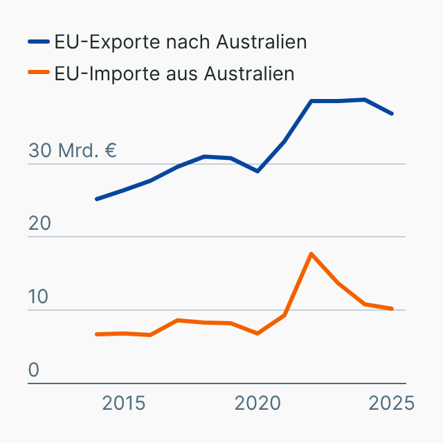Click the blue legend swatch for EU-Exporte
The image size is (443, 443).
[x=39, y=42]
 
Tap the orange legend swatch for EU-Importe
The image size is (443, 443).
[x=39, y=73]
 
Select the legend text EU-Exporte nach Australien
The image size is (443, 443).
[x=180, y=42]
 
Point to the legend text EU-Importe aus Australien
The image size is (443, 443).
[x=174, y=73]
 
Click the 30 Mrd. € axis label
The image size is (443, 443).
[x=73, y=151]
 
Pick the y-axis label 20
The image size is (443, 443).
[x=39, y=224]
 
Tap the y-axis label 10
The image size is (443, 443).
[x=39, y=297]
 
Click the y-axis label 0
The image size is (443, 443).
[x=34, y=370]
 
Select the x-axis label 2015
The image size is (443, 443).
[x=124, y=403]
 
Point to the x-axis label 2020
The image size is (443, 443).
[x=257, y=403]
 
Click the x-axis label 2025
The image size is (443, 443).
[x=392, y=403]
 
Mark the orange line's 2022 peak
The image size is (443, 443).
[x=311, y=254]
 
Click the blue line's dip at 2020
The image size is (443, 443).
[x=257, y=171]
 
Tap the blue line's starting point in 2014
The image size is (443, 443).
[x=97, y=199]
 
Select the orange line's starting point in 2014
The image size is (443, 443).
[x=97, y=334]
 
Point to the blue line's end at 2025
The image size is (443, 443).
[x=392, y=114]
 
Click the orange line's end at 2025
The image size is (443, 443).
[x=392, y=309]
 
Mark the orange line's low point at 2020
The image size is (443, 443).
[x=257, y=334]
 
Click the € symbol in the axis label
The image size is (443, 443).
[x=109, y=151]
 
